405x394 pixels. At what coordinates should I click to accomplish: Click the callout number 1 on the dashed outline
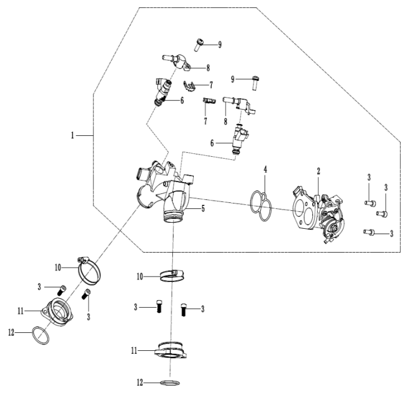coord(73,136)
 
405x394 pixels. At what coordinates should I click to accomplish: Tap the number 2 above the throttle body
coord(318,171)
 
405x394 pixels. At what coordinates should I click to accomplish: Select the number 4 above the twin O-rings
coord(266,171)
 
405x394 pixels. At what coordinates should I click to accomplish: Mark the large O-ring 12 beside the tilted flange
coord(39,335)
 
